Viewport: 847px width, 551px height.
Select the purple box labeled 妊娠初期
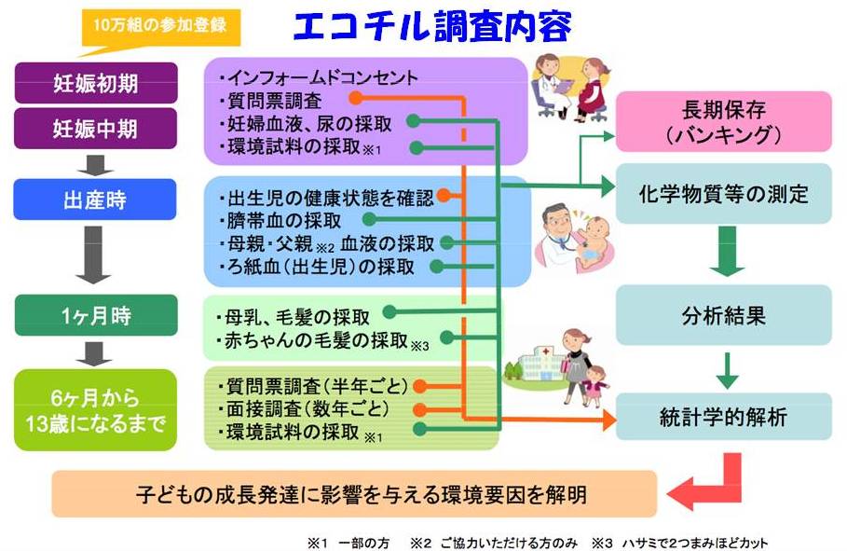tap(96, 82)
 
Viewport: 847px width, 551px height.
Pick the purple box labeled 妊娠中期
tap(96, 125)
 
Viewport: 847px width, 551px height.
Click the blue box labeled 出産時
tap(96, 199)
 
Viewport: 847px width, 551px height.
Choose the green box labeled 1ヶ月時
tap(96, 315)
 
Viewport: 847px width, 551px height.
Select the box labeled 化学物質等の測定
tap(724, 195)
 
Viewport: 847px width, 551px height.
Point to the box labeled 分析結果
tap(724, 316)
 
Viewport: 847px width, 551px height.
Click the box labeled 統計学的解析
tap(724, 417)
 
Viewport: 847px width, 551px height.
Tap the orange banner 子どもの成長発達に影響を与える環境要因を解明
tap(354, 494)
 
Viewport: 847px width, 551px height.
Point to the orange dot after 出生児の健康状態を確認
tap(445, 197)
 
